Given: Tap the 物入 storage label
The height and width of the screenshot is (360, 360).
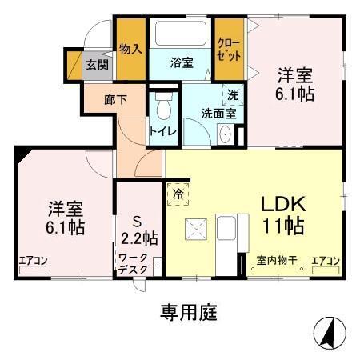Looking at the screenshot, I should point(130,49).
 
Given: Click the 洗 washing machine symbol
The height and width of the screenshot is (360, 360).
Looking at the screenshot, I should point(233,94).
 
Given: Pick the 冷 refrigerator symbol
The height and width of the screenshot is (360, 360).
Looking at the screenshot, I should point(178,194).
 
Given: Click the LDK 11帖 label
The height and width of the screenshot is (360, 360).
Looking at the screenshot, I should point(281,214).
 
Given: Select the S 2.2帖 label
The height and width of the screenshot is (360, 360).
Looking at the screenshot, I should point(139,228).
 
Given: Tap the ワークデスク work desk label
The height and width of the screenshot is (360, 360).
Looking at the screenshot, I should point(138,263).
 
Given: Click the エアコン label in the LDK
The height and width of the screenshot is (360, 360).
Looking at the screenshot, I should point(326,260).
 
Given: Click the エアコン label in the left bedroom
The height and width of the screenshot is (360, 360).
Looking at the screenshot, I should point(34,260).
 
